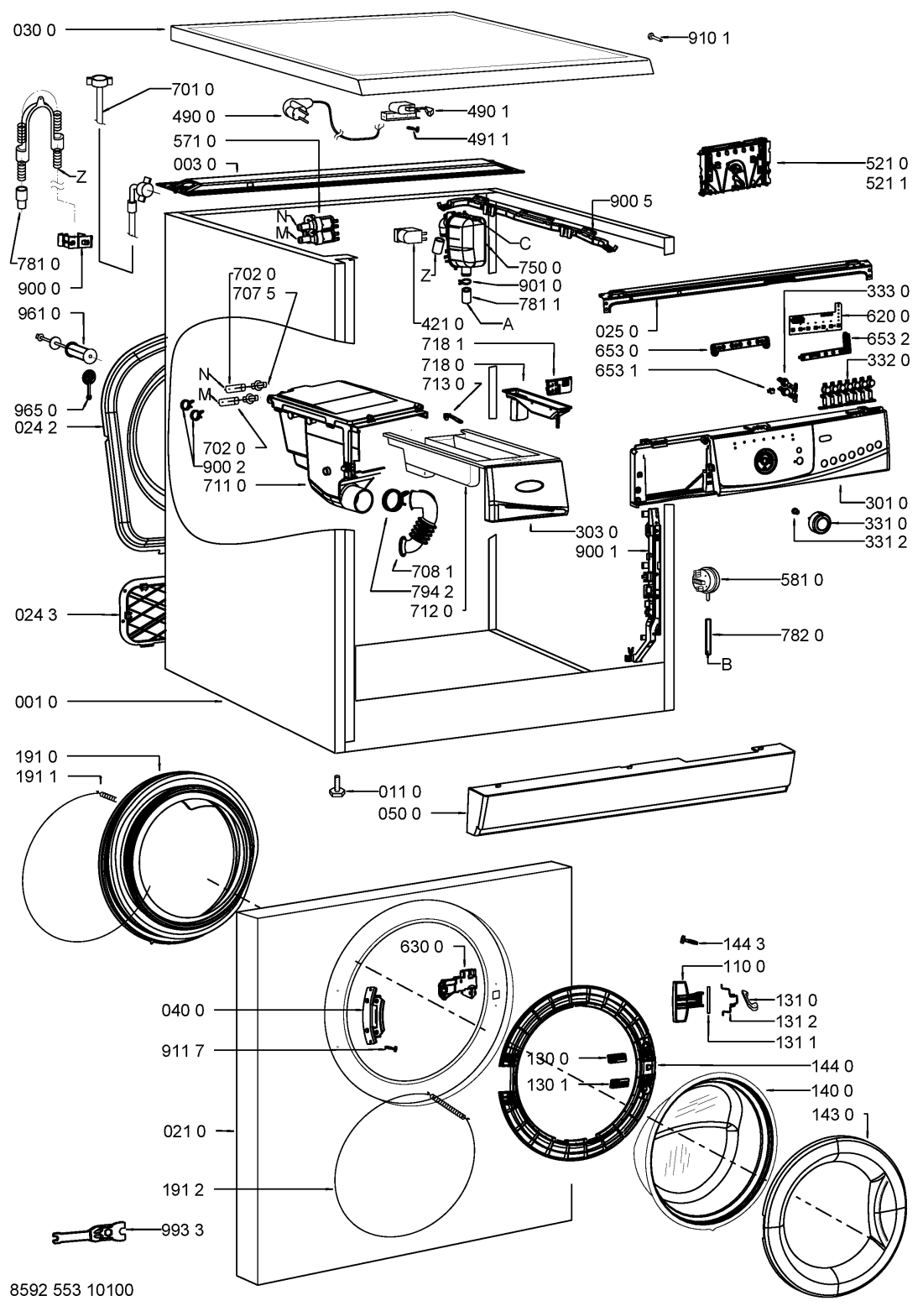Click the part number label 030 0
(35, 29)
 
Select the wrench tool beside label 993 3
(91, 1232)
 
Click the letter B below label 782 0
(727, 665)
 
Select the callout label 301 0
(886, 504)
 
